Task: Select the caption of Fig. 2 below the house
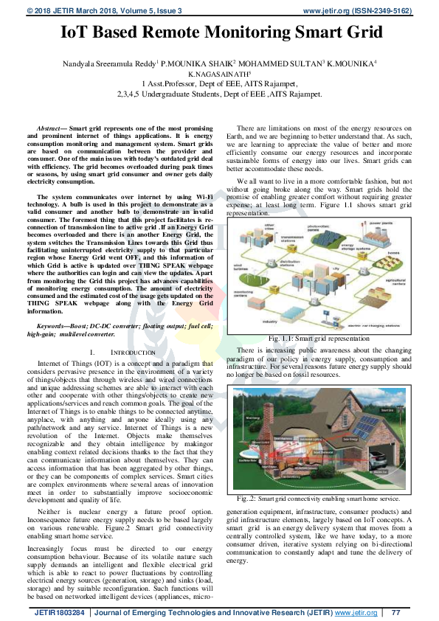[314, 479]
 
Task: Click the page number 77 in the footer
[395, 612]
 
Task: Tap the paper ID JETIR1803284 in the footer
[58, 612]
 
